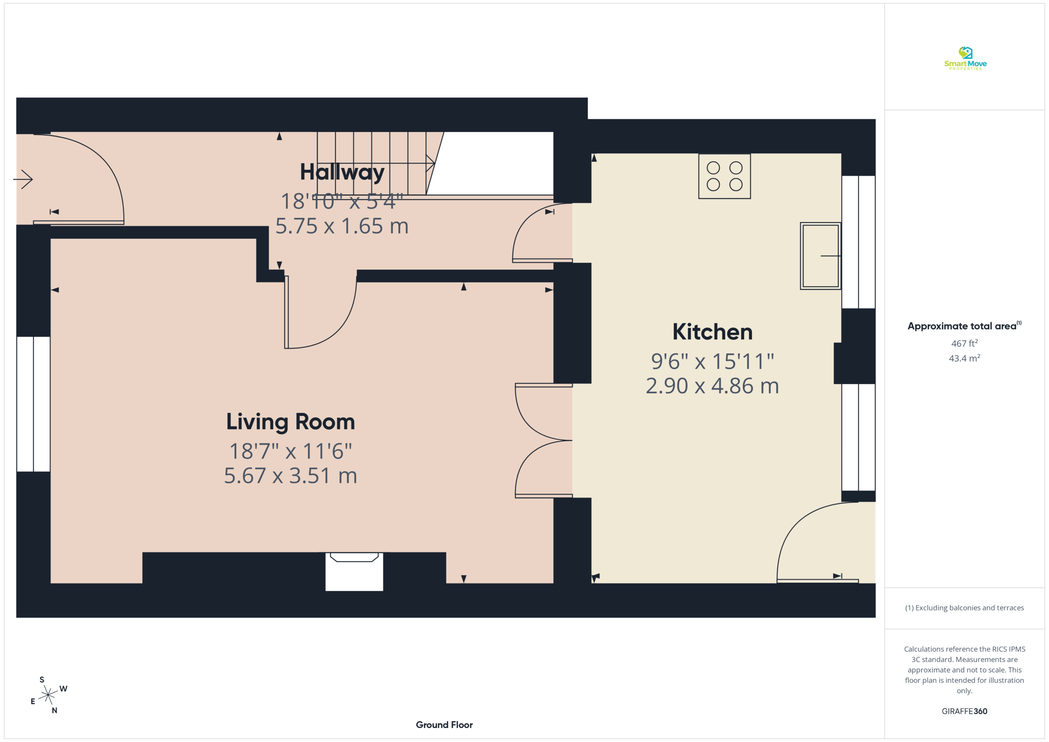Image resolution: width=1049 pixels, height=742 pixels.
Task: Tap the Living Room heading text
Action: click(x=291, y=421)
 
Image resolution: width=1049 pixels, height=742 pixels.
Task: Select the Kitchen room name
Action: click(x=712, y=332)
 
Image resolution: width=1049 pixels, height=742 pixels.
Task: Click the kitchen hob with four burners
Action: click(x=724, y=176)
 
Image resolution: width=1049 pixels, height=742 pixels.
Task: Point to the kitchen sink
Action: click(x=821, y=256)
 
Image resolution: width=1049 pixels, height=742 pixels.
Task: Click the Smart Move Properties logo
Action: click(x=965, y=59)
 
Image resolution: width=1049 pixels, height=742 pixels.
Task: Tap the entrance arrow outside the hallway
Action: click(x=23, y=179)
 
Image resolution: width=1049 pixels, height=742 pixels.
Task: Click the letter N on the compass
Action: click(x=54, y=710)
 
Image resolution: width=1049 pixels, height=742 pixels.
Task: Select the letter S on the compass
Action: click(x=42, y=679)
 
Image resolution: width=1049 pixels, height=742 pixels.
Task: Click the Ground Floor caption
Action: click(x=444, y=725)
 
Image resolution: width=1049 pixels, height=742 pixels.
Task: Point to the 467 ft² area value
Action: click(x=965, y=343)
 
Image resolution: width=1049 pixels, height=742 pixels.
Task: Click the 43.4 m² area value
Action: click(x=965, y=358)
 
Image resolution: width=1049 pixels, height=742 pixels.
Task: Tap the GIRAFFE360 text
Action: click(x=965, y=711)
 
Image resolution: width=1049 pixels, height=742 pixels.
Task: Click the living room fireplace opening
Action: click(x=354, y=572)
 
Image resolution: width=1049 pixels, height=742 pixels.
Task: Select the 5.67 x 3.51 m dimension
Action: click(x=291, y=476)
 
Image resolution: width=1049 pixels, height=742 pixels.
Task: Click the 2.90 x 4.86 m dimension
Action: click(x=712, y=386)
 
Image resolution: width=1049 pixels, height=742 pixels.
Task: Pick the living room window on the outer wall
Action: click(x=33, y=404)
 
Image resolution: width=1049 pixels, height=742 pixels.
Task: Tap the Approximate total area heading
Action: click(x=965, y=326)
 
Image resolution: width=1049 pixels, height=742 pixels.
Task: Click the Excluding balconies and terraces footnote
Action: click(x=965, y=608)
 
